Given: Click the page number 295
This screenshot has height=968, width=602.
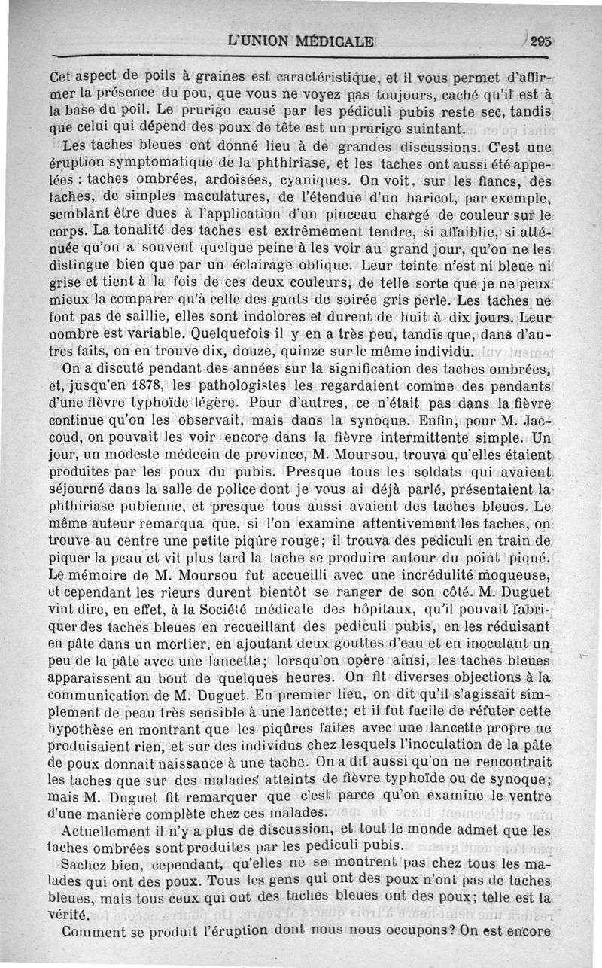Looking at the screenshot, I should point(541,43).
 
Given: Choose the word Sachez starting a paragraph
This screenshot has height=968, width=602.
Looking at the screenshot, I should point(86,865).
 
